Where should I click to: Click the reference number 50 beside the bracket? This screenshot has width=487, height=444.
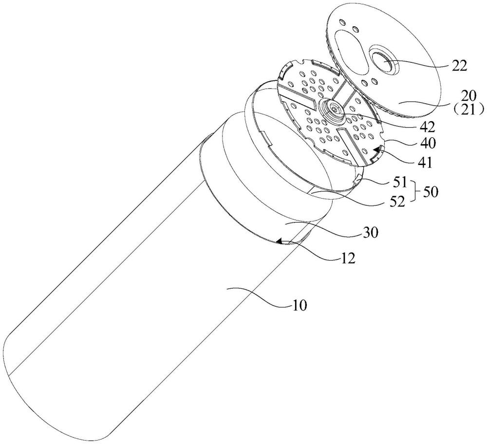431,193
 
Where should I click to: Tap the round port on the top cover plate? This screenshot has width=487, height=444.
386,62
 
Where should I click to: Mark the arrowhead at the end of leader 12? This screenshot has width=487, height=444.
280,240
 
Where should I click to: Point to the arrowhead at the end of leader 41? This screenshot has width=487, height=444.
375,155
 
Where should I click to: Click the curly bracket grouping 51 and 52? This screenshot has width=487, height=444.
415,193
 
